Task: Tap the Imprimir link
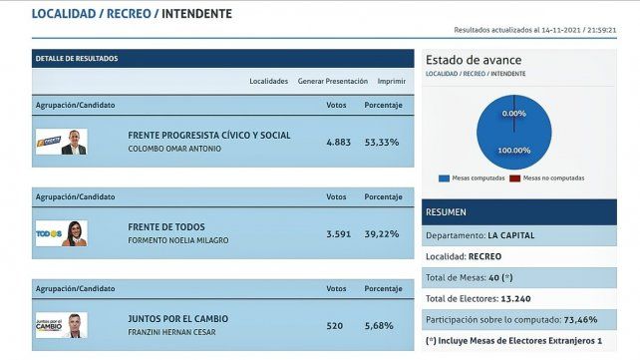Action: pyautogui.click(x=391, y=81)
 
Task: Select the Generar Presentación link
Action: pyautogui.click(x=332, y=81)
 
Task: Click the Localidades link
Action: pyautogui.click(x=268, y=81)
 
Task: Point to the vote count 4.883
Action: pyautogui.click(x=339, y=143)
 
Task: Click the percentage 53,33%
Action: pyautogui.click(x=382, y=143)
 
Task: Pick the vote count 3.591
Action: pyautogui.click(x=339, y=233)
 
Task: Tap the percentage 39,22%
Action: pyautogui.click(x=382, y=233)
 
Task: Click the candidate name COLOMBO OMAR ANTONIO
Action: pyautogui.click(x=174, y=150)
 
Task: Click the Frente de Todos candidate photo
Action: pyautogui.click(x=75, y=233)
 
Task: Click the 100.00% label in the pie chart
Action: pyautogui.click(x=514, y=150)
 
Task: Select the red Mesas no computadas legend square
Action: pyautogui.click(x=514, y=179)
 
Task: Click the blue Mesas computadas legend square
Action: pyautogui.click(x=443, y=179)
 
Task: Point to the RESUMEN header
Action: pyautogui.click(x=446, y=212)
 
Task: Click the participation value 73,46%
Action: pyautogui.click(x=587, y=319)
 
